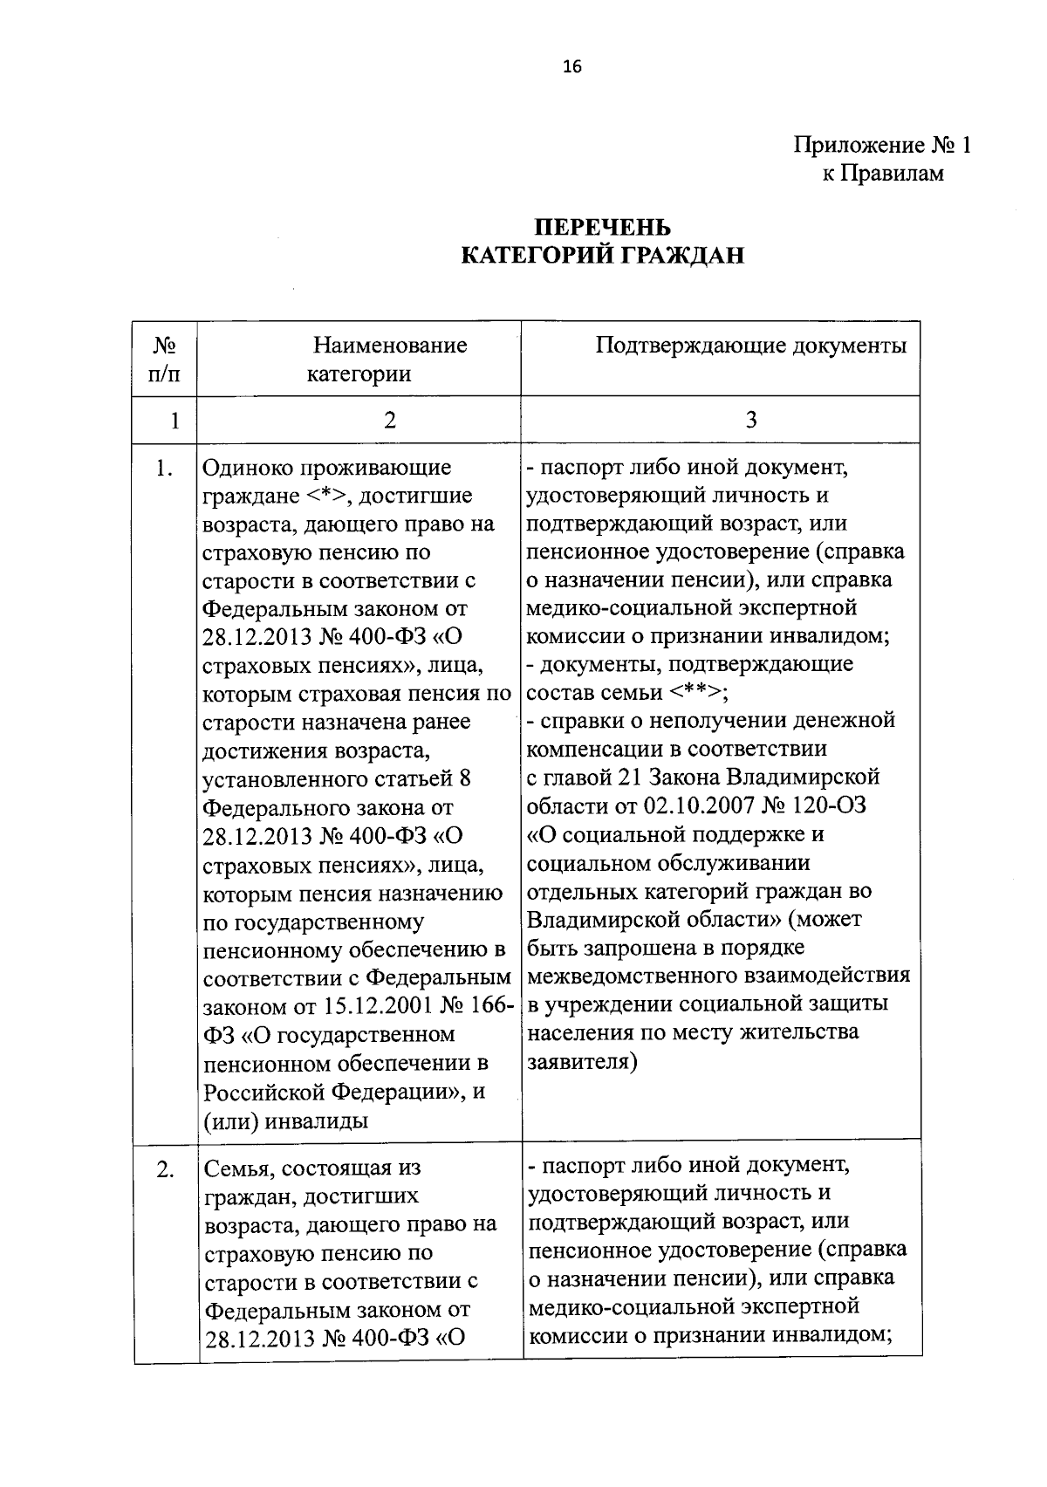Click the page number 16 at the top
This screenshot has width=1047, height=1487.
[572, 67]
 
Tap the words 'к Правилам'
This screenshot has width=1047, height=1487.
[882, 174]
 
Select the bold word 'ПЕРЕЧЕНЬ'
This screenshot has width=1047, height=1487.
[602, 228]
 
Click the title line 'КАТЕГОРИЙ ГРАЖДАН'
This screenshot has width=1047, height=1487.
[602, 257]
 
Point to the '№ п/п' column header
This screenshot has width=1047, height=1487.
[164, 360]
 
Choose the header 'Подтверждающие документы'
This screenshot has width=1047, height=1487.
[750, 346]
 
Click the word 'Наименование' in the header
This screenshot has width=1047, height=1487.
[390, 346]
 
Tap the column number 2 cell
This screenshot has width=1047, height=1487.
[389, 421]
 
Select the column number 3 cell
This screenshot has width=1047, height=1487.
[750, 421]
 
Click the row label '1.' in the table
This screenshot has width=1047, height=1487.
[164, 469]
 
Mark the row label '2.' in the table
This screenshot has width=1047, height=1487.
[166, 1169]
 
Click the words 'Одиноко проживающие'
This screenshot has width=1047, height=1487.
[326, 468]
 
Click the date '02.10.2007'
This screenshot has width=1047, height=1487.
[692, 805]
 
